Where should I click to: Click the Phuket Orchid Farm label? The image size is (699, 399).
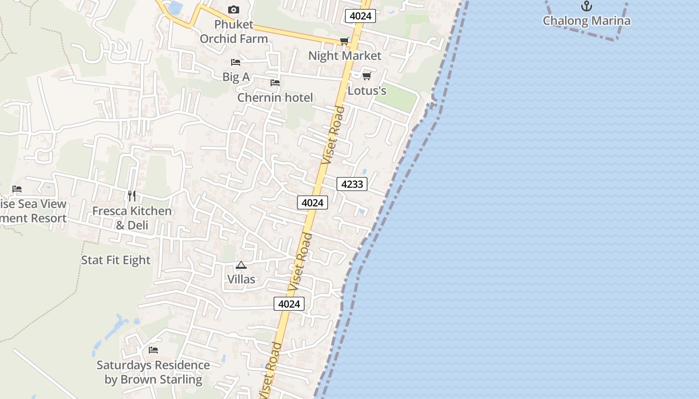click(234, 31)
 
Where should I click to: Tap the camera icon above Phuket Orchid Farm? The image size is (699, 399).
click(233, 9)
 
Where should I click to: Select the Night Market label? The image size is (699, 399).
click(345, 56)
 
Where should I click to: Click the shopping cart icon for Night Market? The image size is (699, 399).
click(344, 41)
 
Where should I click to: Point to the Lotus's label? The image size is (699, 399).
click(367, 91)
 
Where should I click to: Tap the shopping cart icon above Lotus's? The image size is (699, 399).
click(366, 76)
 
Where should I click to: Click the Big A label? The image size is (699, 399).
click(236, 77)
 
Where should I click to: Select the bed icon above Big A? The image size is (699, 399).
click(236, 62)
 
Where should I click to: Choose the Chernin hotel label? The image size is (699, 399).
click(275, 98)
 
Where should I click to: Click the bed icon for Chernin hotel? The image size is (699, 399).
click(275, 83)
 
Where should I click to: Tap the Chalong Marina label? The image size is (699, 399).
click(587, 21)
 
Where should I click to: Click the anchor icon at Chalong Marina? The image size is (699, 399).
click(587, 6)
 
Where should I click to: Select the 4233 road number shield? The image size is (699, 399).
click(352, 184)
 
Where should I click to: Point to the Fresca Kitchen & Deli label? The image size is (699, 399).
click(132, 218)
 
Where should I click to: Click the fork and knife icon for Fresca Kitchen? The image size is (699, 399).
click(132, 196)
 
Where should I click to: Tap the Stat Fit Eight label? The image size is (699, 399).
click(116, 260)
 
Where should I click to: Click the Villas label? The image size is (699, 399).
click(242, 279)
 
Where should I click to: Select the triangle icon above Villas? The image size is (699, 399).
click(241, 265)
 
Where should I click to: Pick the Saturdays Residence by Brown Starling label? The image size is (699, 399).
click(153, 372)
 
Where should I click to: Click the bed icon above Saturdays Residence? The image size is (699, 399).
click(153, 350)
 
